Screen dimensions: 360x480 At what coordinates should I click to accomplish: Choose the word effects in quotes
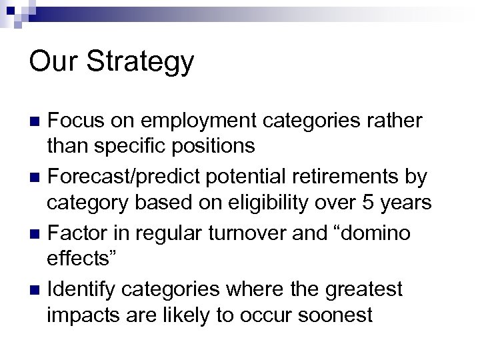[x=83, y=258]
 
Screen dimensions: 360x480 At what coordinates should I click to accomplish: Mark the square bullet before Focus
[x=36, y=121]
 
